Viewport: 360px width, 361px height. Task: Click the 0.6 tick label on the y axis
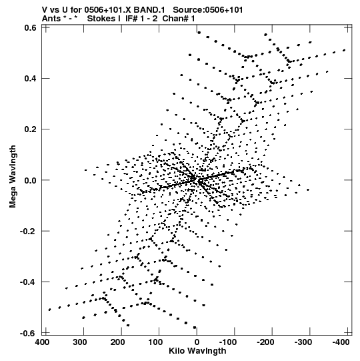[x=30, y=27]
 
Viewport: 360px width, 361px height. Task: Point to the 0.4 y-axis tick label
[x=30, y=79]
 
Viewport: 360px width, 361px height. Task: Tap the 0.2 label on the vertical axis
[x=30, y=129]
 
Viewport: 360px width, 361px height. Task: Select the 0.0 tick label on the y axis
[x=30, y=180]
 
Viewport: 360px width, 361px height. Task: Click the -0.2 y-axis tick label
[x=28, y=231]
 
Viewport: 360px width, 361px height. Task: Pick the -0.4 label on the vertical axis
[x=28, y=282]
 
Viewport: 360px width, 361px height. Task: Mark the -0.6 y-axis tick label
[x=28, y=333]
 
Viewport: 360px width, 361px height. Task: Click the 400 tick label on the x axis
[x=43, y=342]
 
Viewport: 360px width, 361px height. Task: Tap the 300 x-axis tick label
[x=80, y=342]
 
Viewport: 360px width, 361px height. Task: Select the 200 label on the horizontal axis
[x=118, y=342]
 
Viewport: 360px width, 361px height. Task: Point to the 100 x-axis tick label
[x=155, y=342]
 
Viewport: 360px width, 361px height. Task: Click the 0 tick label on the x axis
[x=197, y=342]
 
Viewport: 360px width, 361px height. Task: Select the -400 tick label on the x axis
[x=341, y=342]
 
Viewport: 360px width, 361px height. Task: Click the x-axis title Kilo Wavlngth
[x=197, y=351]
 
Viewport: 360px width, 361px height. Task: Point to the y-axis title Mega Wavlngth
[x=13, y=176]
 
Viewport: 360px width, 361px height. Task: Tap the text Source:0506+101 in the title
[x=208, y=10]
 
